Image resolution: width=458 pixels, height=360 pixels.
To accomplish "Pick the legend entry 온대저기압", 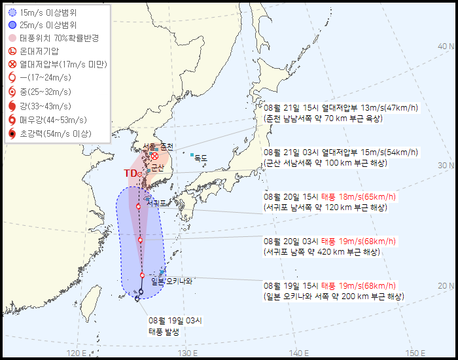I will (x=39, y=51).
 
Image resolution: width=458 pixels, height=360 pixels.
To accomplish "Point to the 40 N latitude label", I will (x=446, y=46).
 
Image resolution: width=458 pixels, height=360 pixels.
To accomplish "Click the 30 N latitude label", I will (x=446, y=166).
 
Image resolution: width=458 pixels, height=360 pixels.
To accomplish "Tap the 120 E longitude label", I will (x=77, y=353).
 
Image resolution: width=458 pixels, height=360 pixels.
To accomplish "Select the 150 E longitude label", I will (x=411, y=353).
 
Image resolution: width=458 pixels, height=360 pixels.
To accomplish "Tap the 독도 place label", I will (x=200, y=158).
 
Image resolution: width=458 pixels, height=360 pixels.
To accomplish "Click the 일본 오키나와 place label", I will (x=172, y=281).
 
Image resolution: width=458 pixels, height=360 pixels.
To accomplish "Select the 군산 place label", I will (x=157, y=168).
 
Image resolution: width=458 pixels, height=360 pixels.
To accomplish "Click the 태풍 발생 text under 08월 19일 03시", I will (x=164, y=331).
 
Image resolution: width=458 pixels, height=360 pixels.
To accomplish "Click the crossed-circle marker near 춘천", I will (x=155, y=156).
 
